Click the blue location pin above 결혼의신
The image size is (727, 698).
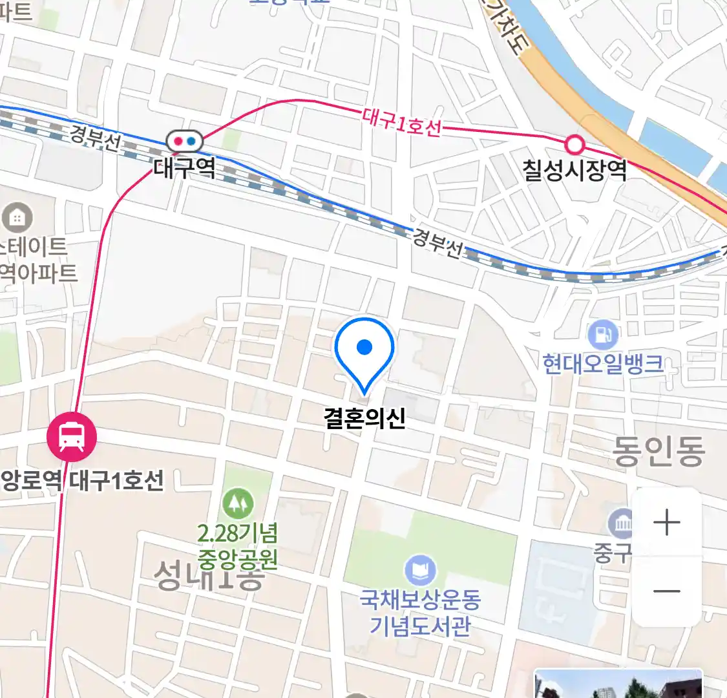pyautogui.click(x=364, y=350)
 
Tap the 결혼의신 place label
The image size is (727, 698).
pyautogui.click(x=364, y=418)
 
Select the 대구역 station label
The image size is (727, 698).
pyautogui.click(x=184, y=169)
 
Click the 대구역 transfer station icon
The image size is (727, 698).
pyautogui.click(x=185, y=141)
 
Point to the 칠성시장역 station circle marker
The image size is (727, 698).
pyautogui.click(x=574, y=143)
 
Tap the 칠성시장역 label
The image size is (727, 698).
pyautogui.click(x=574, y=170)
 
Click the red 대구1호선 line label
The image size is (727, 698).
pyautogui.click(x=401, y=122)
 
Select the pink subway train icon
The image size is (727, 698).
pyautogui.click(x=71, y=437)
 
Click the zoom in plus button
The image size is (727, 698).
pyautogui.click(x=667, y=522)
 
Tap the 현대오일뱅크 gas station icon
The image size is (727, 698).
pyautogui.click(x=603, y=335)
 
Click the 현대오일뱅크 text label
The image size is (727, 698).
pyautogui.click(x=603, y=364)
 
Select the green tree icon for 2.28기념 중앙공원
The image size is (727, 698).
pyautogui.click(x=238, y=502)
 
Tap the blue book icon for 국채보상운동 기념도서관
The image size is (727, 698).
pyautogui.click(x=420, y=571)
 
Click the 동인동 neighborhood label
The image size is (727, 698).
pyautogui.click(x=658, y=451)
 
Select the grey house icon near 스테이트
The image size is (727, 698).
pyautogui.click(x=17, y=218)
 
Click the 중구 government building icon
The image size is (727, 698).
pyautogui.click(x=622, y=523)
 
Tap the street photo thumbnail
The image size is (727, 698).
pyautogui.click(x=618, y=684)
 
